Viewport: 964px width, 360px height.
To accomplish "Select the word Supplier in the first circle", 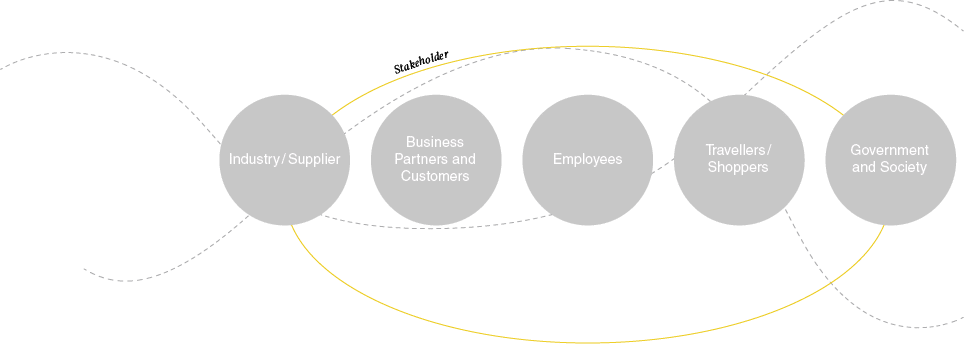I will pyautogui.click(x=314, y=159).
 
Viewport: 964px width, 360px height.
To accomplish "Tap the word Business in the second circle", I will pyautogui.click(x=435, y=142).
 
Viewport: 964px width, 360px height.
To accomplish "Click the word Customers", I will pyautogui.click(x=435, y=176).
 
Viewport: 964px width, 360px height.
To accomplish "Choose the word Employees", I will pyautogui.click(x=587, y=159).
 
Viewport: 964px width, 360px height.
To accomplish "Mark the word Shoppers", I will pyautogui.click(x=738, y=167).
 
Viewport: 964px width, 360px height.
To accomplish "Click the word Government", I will pyautogui.click(x=889, y=150).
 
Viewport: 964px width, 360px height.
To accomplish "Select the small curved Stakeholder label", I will pyautogui.click(x=421, y=62).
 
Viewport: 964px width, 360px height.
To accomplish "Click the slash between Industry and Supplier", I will pyautogui.click(x=283, y=159).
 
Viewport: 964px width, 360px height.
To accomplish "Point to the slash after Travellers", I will pyautogui.click(x=769, y=150).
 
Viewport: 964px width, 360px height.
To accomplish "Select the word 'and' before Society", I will pyautogui.click(x=864, y=167).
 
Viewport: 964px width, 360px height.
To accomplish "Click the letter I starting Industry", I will pyautogui.click(x=231, y=159).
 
